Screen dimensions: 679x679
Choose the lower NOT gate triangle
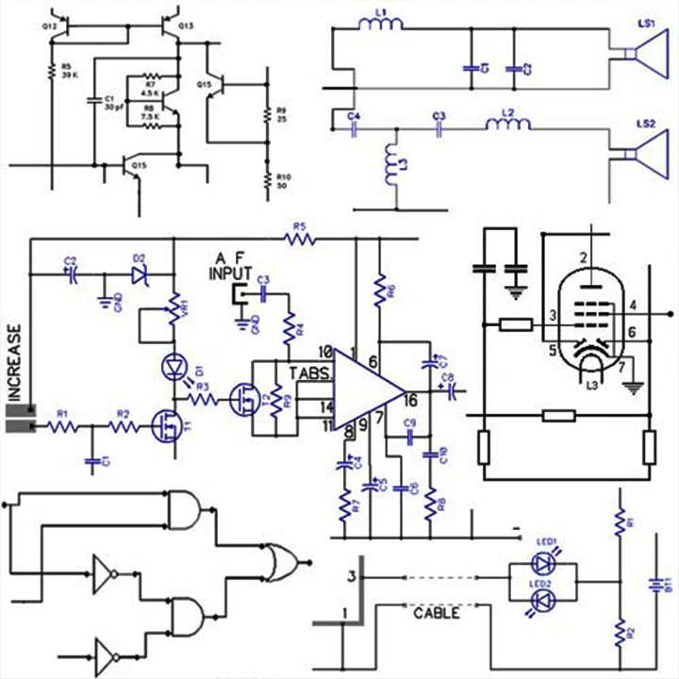click(x=104, y=654)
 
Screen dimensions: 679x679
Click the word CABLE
click(x=437, y=614)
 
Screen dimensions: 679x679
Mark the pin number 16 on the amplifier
click(x=412, y=400)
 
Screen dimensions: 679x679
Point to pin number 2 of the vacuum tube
click(x=584, y=258)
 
